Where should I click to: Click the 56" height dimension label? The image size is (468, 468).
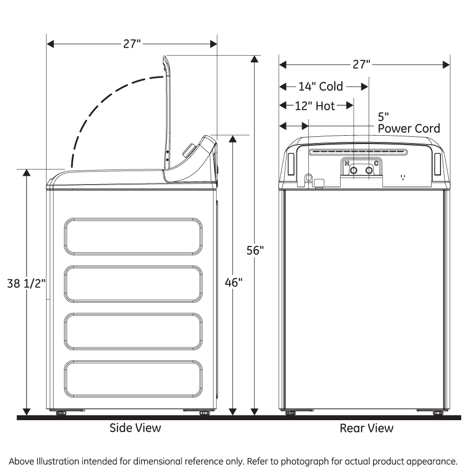[255, 250]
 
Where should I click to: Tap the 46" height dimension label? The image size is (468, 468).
[233, 282]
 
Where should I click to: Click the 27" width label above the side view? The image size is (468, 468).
[132, 44]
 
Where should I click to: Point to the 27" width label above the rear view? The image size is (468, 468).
[361, 64]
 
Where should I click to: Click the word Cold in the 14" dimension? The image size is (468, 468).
[331, 86]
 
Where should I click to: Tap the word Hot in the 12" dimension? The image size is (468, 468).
[325, 106]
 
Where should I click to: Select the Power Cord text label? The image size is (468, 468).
[409, 128]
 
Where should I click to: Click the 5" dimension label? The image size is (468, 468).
[383, 116]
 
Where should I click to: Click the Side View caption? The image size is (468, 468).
[135, 428]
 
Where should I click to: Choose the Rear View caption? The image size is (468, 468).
[367, 428]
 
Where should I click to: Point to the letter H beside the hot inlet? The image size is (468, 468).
[347, 163]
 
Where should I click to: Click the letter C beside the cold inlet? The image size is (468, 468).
[376, 163]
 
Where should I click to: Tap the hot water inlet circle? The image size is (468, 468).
[354, 170]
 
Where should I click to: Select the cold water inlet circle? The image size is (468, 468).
[369, 170]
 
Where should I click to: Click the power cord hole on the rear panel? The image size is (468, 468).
[308, 178]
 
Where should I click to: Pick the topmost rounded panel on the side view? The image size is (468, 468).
[134, 237]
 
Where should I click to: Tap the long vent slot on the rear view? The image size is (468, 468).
[359, 152]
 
